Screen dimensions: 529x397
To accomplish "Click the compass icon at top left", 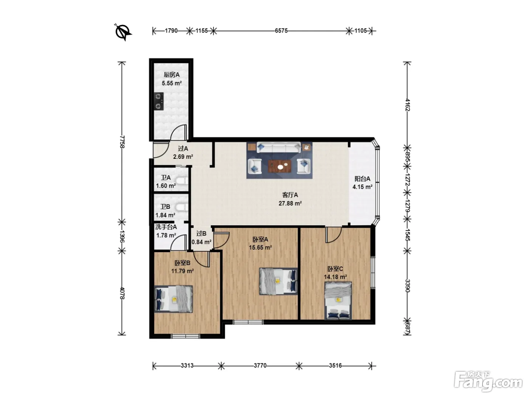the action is pos(124,32).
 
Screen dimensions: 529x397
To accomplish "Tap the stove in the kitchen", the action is pos(159,101).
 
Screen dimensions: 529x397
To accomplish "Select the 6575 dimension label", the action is pos(281,31).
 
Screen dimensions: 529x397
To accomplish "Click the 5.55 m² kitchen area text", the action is pos(172,84).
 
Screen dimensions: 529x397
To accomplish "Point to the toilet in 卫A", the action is pos(182,181).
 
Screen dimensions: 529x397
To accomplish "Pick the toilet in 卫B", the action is pos(182,207).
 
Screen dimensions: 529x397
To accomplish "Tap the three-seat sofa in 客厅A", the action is pos(279,147).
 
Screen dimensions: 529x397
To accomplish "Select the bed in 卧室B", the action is pos(173,299).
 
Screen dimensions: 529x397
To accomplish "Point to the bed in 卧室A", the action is pos(278,281).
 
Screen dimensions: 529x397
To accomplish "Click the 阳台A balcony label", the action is pos(362,179).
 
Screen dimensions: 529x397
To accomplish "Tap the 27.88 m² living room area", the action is pos(290,203).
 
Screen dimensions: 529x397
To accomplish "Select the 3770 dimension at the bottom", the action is pos(260,366).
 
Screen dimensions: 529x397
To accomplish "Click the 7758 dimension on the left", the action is pos(122,142).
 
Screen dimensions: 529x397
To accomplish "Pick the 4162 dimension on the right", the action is pos(407,105).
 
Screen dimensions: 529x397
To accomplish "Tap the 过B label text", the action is pos(201,234).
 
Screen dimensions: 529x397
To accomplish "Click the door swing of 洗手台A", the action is pos(179,243).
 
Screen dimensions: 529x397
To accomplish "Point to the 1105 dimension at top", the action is pos(360,31).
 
